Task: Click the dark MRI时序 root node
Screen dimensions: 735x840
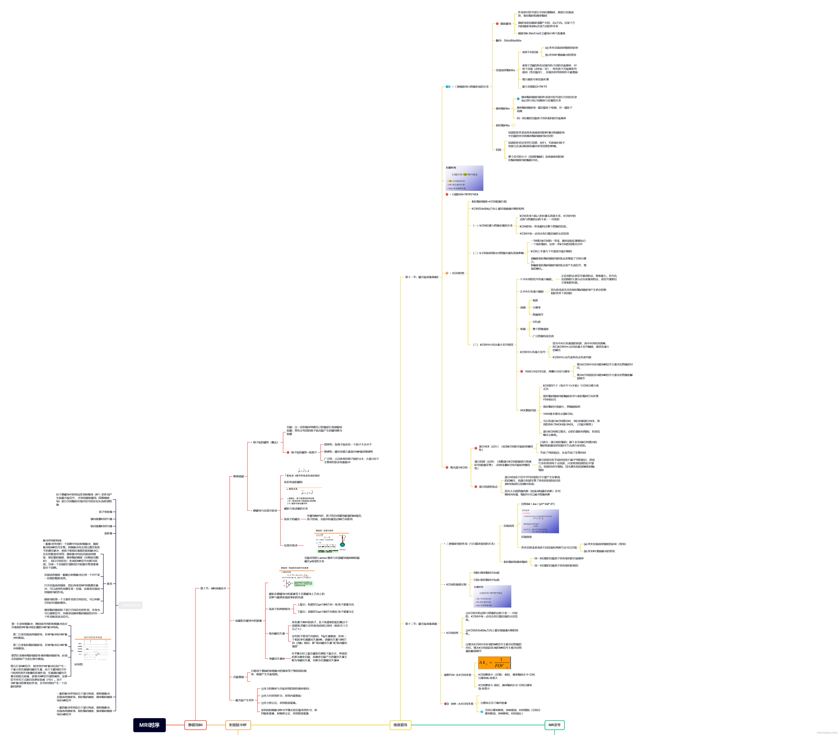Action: tap(149, 725)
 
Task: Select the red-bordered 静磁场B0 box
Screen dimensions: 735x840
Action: tap(195, 725)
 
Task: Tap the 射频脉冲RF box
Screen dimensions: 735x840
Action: tap(238, 725)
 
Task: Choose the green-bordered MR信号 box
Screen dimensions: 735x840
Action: tap(555, 725)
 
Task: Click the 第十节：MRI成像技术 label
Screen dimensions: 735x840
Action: tap(213, 588)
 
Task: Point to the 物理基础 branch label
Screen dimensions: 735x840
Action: tap(238, 476)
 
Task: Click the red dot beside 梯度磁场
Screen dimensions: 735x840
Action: tap(497, 24)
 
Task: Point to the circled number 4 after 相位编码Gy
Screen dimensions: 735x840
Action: tap(513, 125)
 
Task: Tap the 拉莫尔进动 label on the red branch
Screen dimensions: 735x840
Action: tap(290, 545)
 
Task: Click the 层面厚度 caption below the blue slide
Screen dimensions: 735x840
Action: tap(526, 537)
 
